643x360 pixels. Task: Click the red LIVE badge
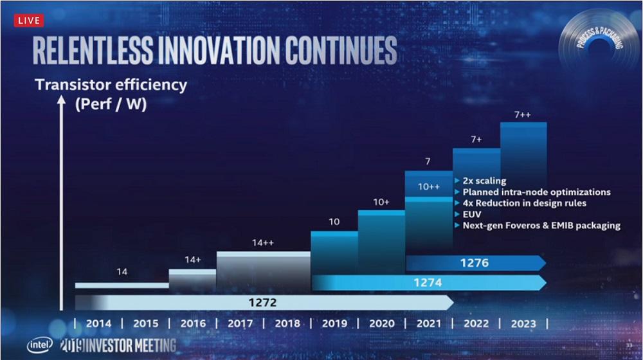click(x=28, y=20)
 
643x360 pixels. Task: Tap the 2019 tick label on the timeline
click(x=334, y=323)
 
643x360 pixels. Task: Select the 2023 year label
click(x=523, y=323)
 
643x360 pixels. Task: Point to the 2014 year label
click(x=98, y=323)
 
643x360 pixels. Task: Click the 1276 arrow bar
click(x=475, y=263)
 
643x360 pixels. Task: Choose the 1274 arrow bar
click(x=428, y=282)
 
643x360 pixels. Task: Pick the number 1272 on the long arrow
click(x=265, y=301)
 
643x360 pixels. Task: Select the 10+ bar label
click(x=381, y=202)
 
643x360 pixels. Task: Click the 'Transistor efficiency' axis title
click(x=111, y=84)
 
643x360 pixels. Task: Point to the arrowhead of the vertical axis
click(x=62, y=100)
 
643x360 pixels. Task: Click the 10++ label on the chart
click(x=428, y=186)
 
